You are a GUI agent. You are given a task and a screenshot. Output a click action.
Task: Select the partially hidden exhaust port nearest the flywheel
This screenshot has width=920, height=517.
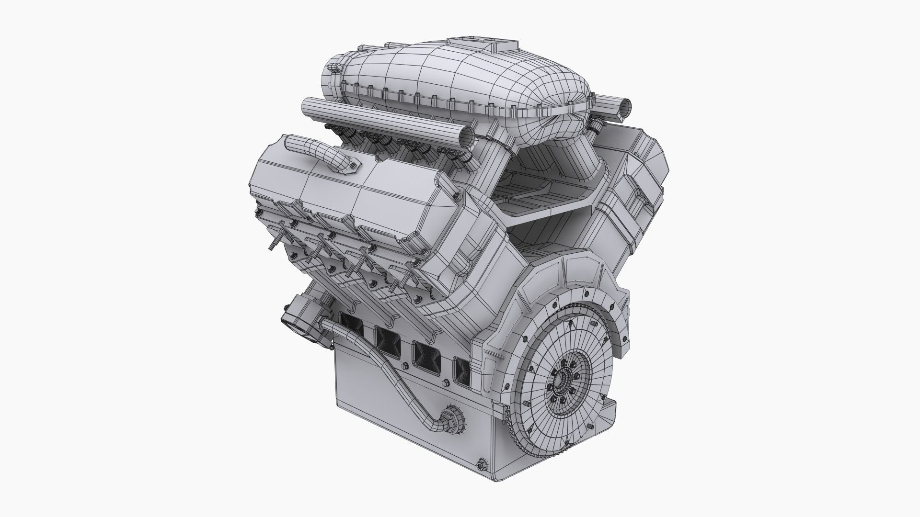[x=462, y=368]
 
